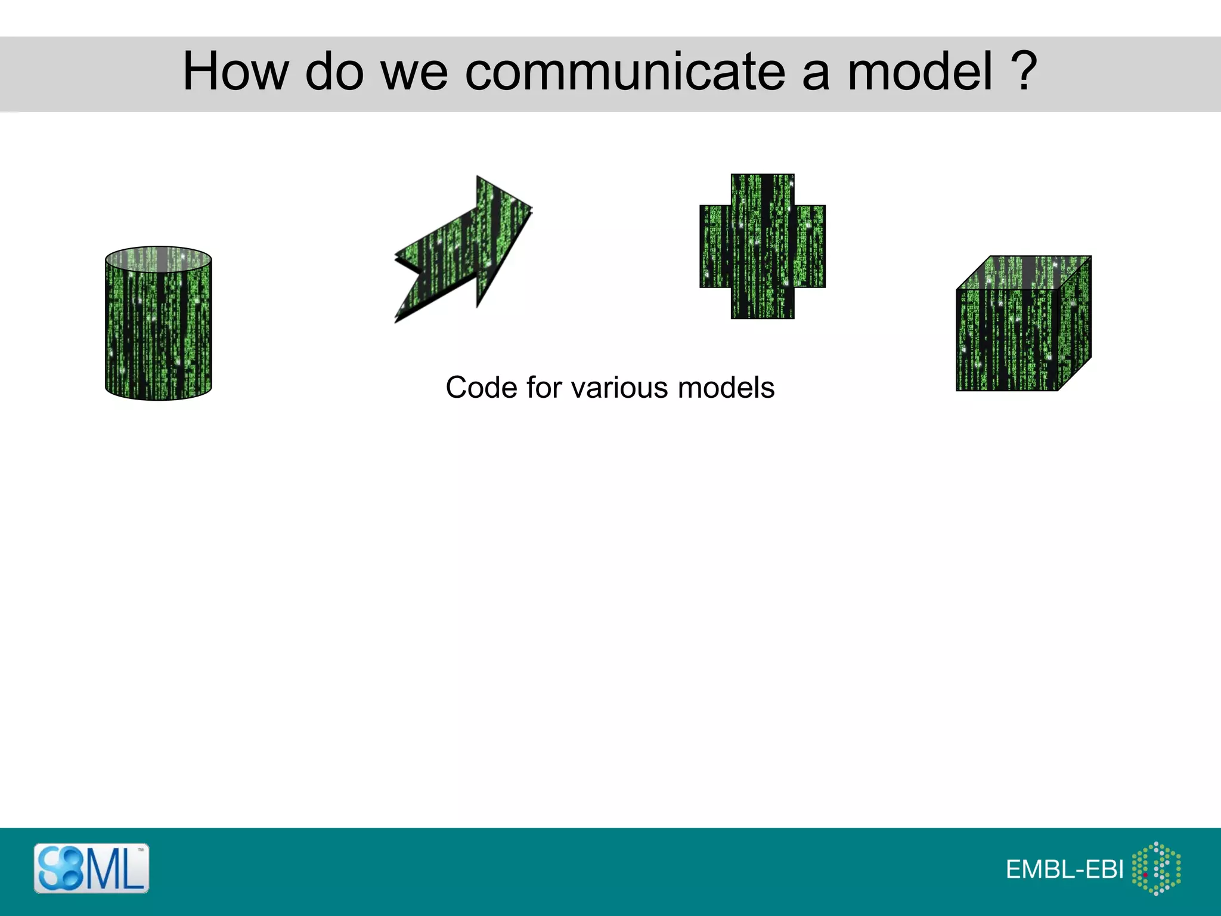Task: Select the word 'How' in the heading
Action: coord(235,72)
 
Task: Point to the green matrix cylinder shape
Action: coord(159,328)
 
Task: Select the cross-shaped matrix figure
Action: coord(763,246)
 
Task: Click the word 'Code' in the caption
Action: coord(481,388)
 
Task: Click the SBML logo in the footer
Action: coord(91,868)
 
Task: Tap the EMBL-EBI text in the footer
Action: coord(1064,869)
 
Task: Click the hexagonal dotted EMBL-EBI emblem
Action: coord(1156,868)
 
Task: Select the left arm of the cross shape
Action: coord(715,246)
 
